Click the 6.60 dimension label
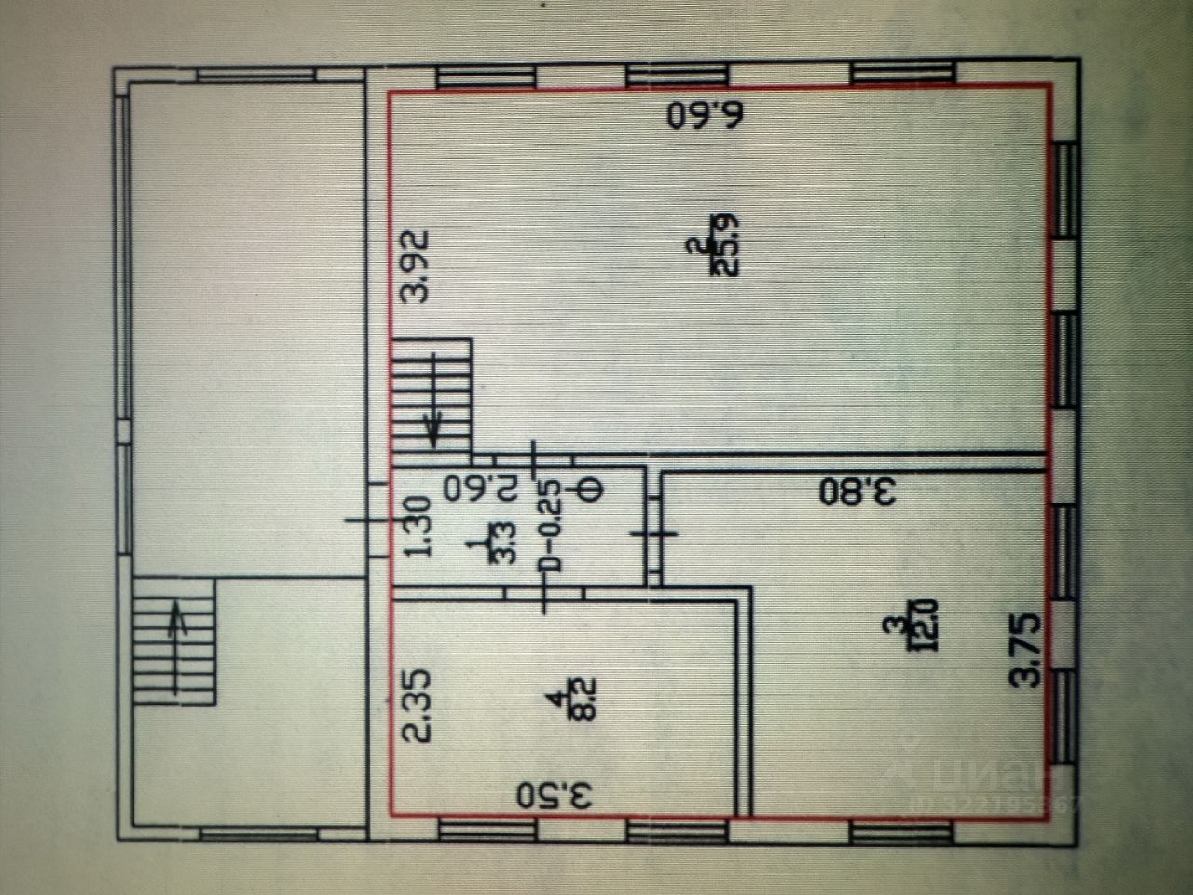(x=707, y=115)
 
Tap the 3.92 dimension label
(x=414, y=265)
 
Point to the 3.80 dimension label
(x=857, y=491)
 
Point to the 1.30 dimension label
(x=417, y=527)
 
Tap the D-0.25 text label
(x=552, y=527)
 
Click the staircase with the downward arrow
(x=432, y=397)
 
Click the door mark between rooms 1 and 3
(x=655, y=533)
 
